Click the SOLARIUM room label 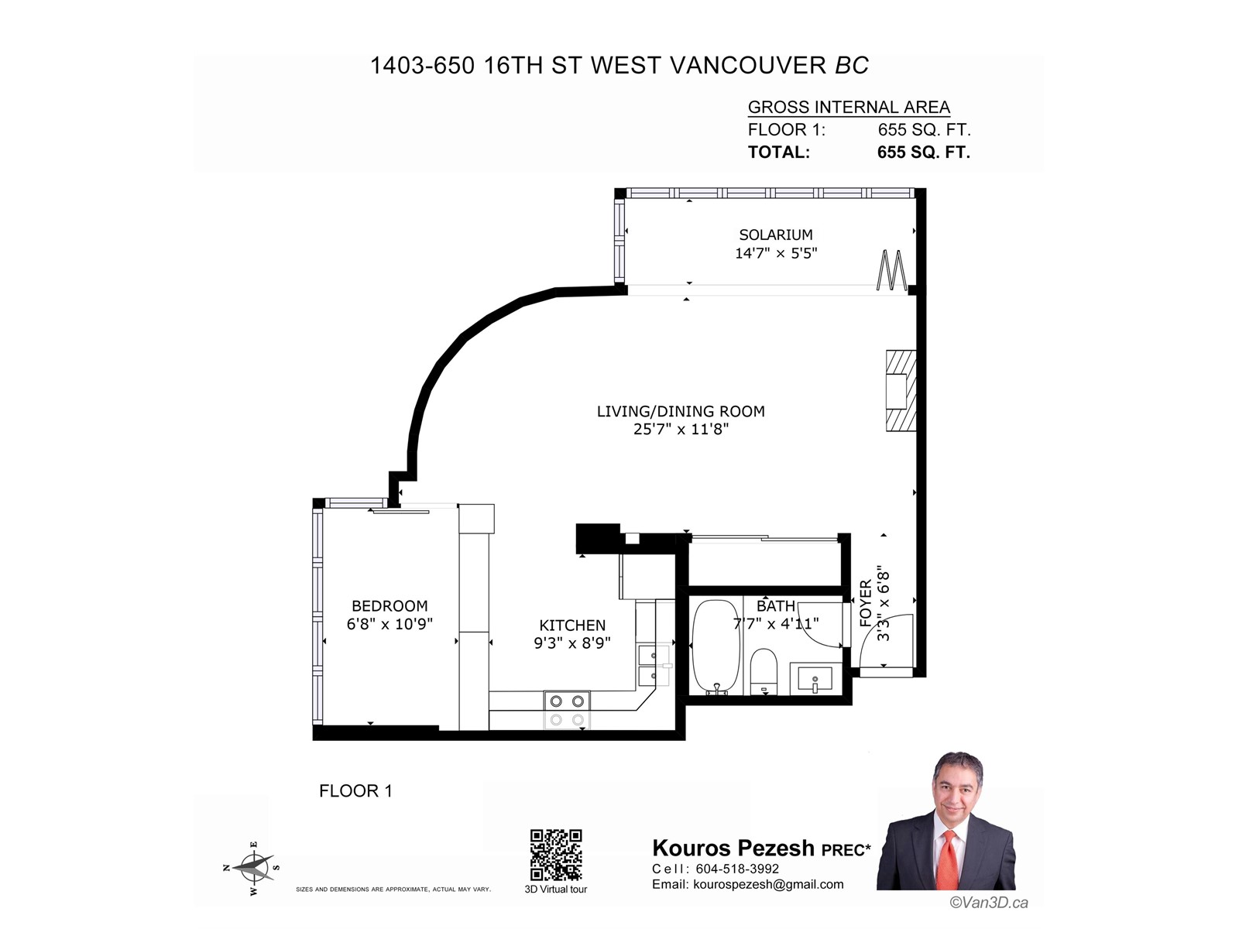(x=776, y=235)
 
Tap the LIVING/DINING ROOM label (x=681, y=411)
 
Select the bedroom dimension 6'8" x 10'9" (x=390, y=624)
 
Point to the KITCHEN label (x=572, y=625)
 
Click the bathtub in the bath (x=715, y=646)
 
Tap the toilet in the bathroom (x=764, y=671)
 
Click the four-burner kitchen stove (x=567, y=710)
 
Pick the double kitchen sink (x=654, y=666)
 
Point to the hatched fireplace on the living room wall (x=901, y=391)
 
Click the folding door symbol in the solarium (x=892, y=270)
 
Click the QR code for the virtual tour (x=555, y=855)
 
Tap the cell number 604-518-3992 (x=737, y=869)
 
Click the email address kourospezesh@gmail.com (x=768, y=884)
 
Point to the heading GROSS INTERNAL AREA (x=849, y=107)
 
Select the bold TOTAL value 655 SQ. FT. (x=924, y=153)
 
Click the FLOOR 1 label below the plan (x=355, y=790)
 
